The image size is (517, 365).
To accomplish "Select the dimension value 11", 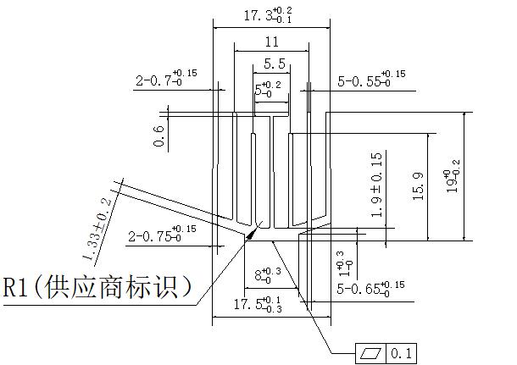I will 271,41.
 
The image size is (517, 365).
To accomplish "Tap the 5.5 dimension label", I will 274,64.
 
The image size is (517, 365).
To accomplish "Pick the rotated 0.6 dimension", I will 158,135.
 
